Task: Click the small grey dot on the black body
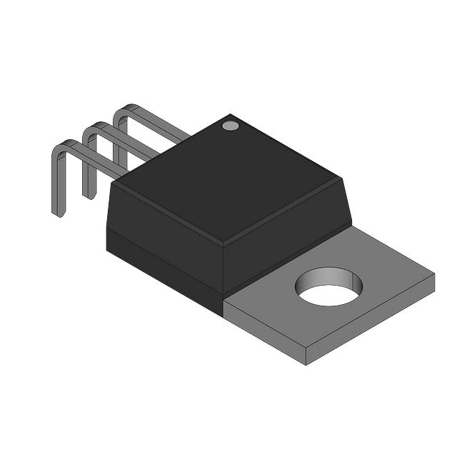(230, 126)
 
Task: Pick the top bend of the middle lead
(91, 129)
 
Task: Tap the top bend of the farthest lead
(123, 110)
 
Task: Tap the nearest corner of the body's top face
(223, 241)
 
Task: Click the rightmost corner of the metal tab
(433, 274)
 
